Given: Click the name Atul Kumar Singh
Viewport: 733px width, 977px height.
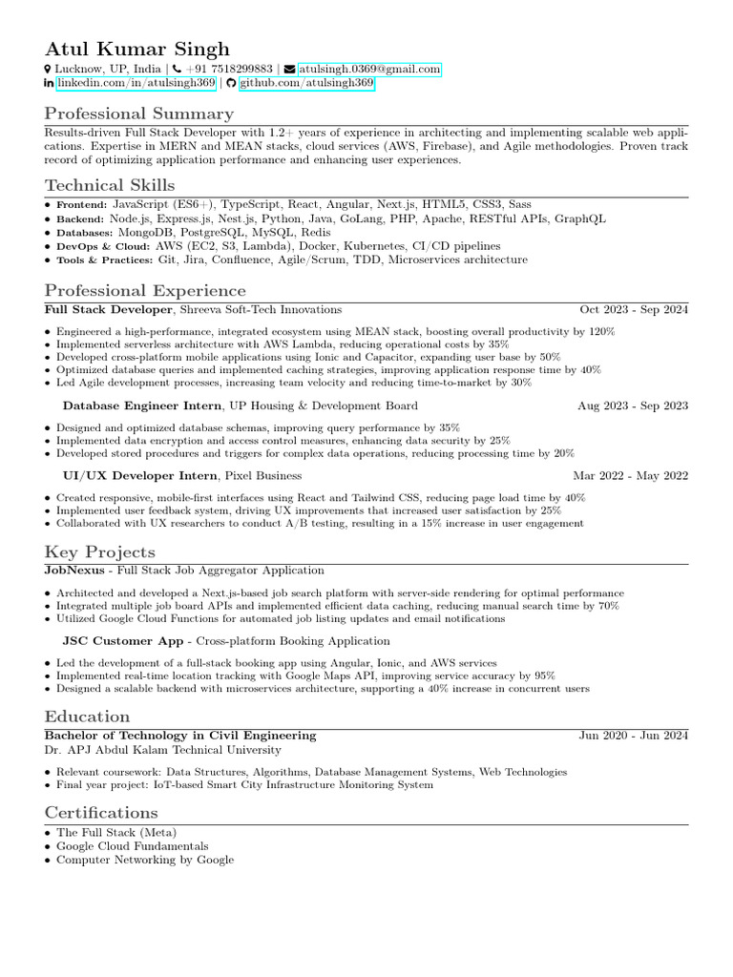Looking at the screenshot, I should click(x=136, y=49).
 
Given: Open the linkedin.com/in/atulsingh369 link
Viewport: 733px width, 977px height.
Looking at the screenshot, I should click(x=136, y=84).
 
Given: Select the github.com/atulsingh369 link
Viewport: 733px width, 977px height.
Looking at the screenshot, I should click(x=306, y=84).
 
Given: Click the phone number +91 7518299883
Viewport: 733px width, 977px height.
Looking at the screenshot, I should click(x=228, y=70).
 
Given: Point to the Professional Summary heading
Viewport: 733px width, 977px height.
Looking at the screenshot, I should click(x=138, y=114).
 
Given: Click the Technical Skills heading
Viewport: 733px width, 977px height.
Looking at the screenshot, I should click(x=110, y=185).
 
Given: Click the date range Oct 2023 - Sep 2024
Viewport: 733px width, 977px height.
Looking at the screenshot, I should click(x=634, y=309).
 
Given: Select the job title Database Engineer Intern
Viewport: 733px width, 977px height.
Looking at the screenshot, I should click(x=141, y=405).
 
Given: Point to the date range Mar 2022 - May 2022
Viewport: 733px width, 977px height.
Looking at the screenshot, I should click(x=630, y=475).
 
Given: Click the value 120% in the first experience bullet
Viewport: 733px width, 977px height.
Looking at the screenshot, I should click(x=601, y=331).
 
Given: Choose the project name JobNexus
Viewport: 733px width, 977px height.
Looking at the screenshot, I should click(x=75, y=570).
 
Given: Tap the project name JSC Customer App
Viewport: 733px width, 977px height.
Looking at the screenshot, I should click(x=122, y=640).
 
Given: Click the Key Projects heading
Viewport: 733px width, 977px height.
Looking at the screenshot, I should click(x=99, y=551).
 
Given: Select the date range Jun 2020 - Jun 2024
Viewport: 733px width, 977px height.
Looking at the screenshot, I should click(x=634, y=736).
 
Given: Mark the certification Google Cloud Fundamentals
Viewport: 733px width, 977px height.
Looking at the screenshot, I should click(x=132, y=846).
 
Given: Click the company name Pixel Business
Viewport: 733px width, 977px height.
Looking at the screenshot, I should click(x=263, y=475).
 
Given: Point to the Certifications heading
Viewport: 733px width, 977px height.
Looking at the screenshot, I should click(x=101, y=813).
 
